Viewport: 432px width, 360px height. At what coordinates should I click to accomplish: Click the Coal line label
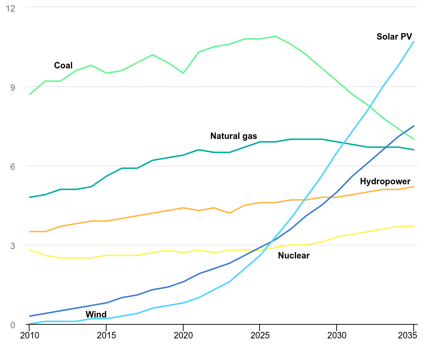click(63, 66)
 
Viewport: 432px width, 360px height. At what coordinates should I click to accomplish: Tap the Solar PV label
click(394, 36)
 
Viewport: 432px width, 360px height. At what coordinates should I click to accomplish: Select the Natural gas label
click(234, 136)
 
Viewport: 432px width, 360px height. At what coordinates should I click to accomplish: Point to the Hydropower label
click(385, 181)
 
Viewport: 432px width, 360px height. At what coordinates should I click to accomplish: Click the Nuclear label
click(294, 256)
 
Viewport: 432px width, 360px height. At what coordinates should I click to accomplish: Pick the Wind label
click(96, 315)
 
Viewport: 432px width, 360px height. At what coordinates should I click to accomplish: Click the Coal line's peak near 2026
click(275, 36)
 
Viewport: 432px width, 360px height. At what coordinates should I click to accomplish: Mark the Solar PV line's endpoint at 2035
click(414, 41)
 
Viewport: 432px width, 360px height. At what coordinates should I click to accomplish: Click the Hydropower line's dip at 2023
click(229, 213)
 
